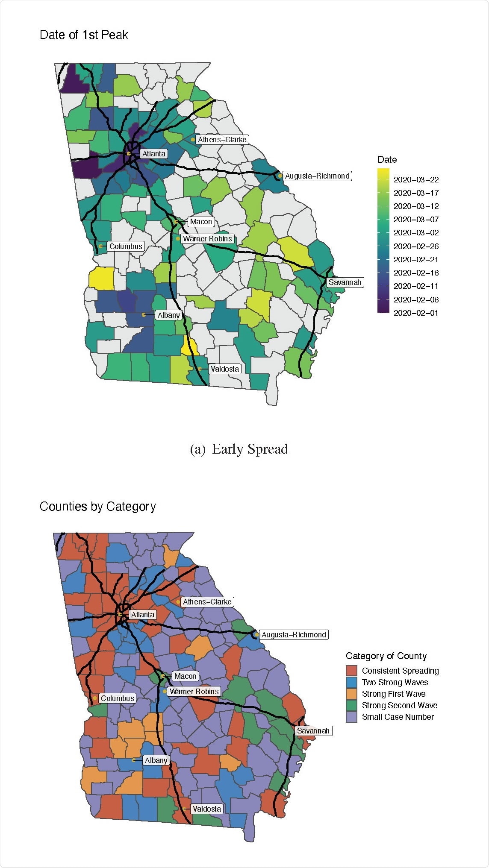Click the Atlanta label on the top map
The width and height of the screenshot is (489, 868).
pos(154,154)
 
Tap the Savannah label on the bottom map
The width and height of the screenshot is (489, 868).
pos(313,731)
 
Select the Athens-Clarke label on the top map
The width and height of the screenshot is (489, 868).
pos(222,140)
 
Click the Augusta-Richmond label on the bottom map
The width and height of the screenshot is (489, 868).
pos(294,635)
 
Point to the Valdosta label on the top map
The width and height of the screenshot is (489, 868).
pos(225,369)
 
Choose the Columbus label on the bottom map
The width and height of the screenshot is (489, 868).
pos(118,698)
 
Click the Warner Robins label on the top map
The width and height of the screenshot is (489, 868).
pos(207,239)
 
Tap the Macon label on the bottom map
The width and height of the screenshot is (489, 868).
pos(185,676)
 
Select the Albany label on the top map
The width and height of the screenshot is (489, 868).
pos(169,315)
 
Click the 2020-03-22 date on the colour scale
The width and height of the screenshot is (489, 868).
pos(416,180)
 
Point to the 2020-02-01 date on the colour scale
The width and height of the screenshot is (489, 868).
pos(416,313)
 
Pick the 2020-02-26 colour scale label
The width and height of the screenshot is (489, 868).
pos(416,246)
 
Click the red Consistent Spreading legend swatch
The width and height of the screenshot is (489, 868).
pos(351,671)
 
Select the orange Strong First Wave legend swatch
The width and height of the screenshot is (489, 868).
pos(351,694)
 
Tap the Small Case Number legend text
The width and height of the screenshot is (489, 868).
pos(398,717)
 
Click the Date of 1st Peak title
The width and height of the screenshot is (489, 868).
pos(84,35)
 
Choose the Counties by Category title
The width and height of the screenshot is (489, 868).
pos(97,507)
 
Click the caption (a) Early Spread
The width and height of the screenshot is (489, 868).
pos(239,449)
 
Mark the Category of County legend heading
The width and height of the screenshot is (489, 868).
pos(386,656)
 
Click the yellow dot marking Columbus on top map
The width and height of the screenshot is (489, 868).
pos(100,246)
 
